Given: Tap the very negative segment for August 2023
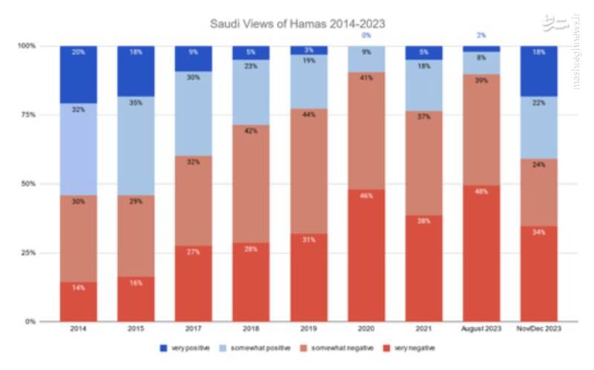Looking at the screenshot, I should point(481,253).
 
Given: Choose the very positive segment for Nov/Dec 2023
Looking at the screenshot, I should point(539,71).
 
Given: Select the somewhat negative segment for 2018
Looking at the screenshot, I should point(251,184).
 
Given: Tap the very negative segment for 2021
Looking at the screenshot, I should point(424,268).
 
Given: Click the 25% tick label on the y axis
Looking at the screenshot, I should point(27,253).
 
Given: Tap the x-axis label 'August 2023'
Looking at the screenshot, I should point(481,328).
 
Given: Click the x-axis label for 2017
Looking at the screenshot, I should point(193,328).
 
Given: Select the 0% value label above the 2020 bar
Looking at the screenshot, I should point(366,35).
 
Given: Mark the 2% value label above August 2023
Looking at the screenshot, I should point(481,35).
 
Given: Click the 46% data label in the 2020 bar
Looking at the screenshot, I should point(366,195).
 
